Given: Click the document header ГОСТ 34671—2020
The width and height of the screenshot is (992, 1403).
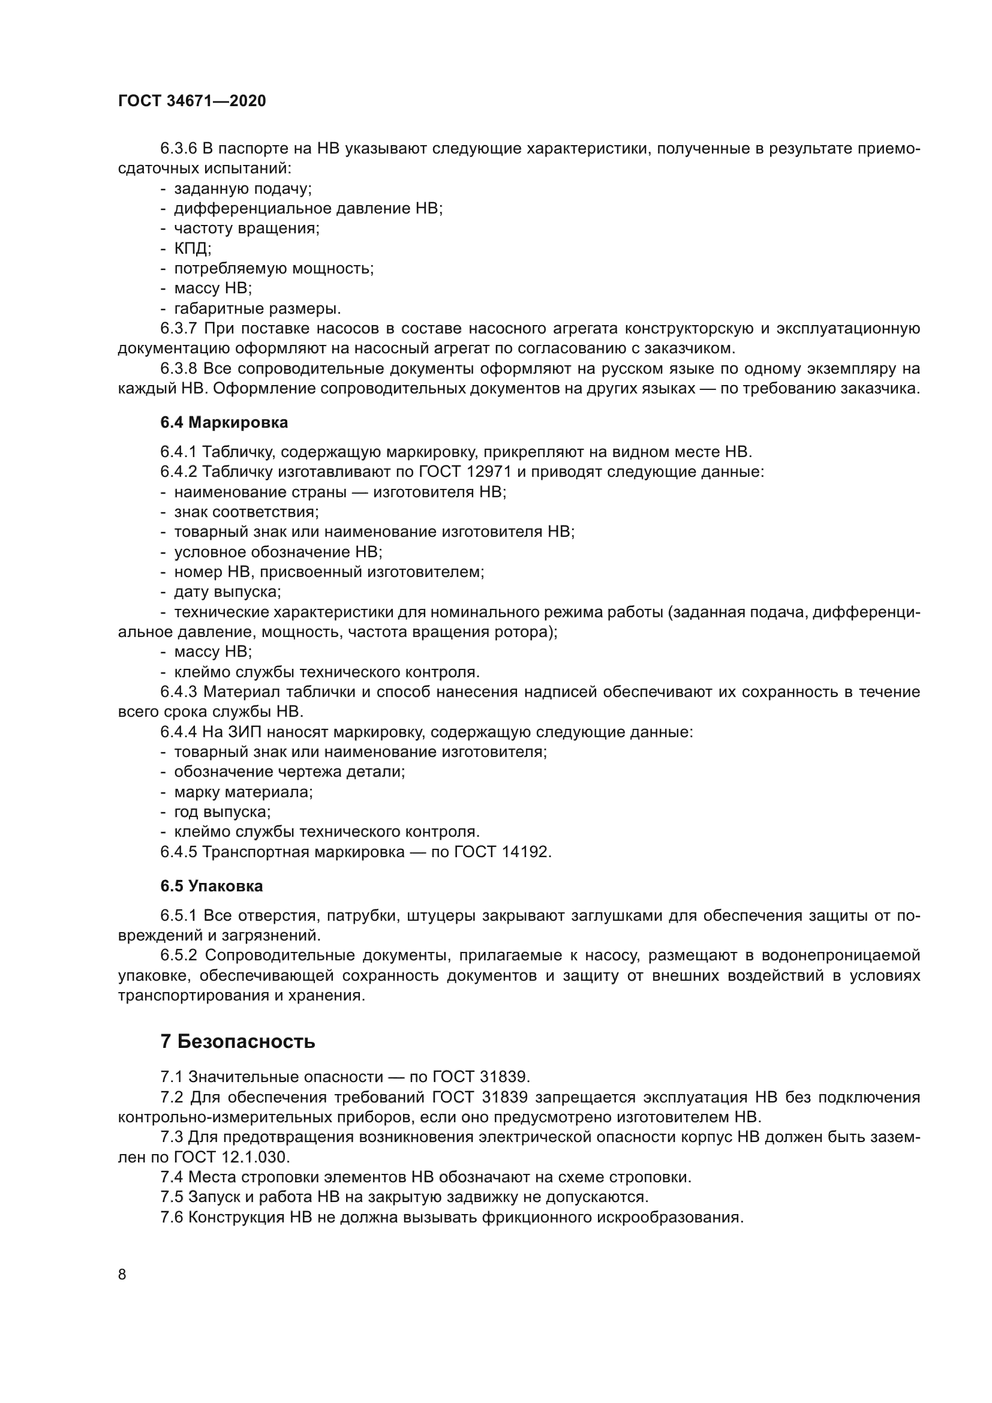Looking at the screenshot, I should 192,101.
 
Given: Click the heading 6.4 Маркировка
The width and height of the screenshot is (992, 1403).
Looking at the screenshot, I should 224,422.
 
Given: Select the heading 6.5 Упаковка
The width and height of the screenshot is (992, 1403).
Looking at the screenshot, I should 211,885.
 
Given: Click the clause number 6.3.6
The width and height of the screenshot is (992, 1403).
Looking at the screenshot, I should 178,149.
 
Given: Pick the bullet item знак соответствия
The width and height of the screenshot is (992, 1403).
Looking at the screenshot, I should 246,512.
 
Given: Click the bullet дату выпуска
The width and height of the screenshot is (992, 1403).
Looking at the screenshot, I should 227,591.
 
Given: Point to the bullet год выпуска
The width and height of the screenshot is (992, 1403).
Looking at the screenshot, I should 223,812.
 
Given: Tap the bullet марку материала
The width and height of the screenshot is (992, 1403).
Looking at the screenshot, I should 243,792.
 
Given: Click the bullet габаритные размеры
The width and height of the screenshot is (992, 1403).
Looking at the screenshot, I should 257,308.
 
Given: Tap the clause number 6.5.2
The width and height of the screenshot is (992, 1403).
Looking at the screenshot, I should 178,955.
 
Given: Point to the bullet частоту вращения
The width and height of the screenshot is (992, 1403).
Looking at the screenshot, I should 247,228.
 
